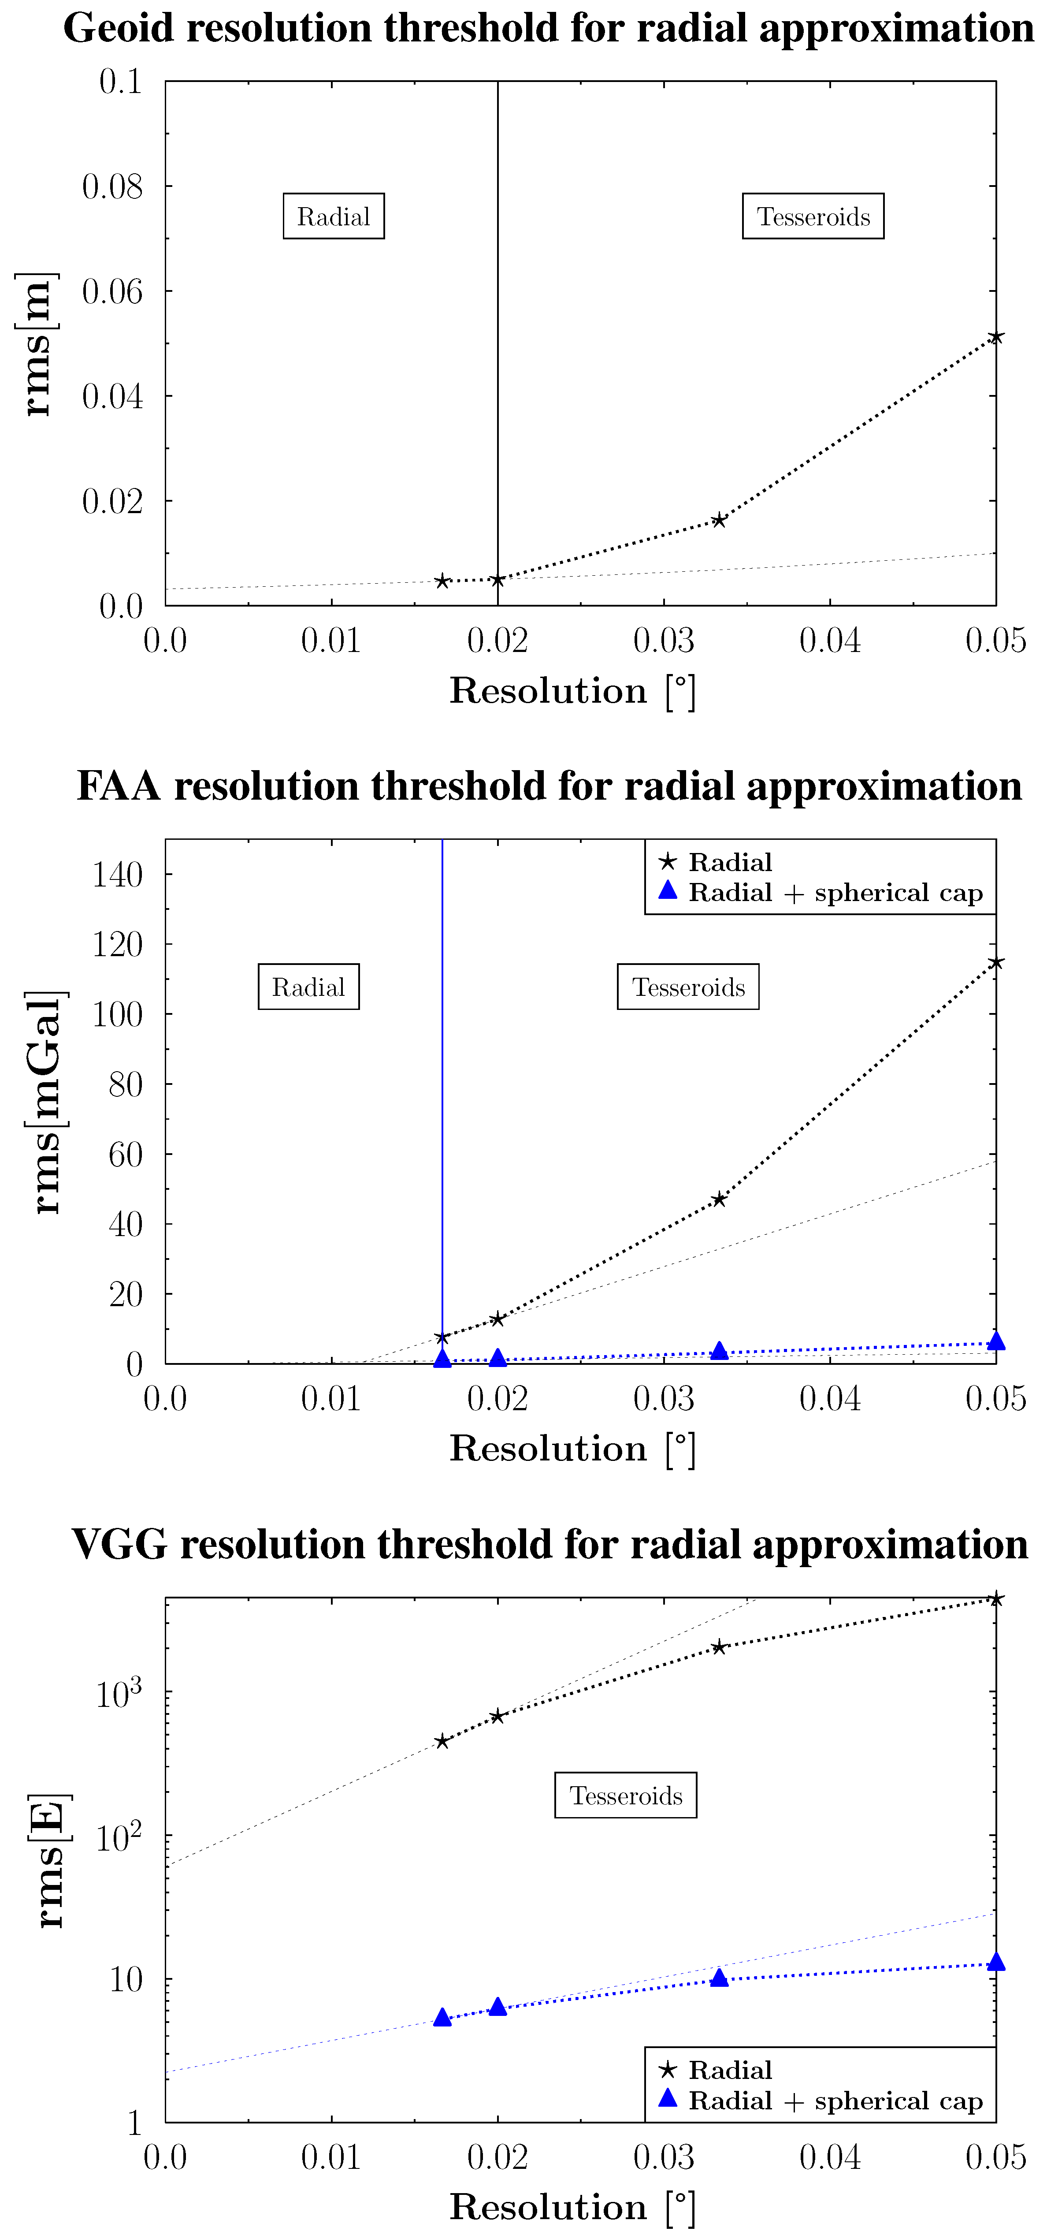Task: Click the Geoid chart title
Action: pyautogui.click(x=548, y=28)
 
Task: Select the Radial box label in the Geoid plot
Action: pyautogui.click(x=333, y=216)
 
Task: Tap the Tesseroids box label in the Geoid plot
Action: pyautogui.click(x=813, y=216)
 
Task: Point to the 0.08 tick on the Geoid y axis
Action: pyautogui.click(x=113, y=186)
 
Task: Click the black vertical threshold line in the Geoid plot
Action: pyautogui.click(x=498, y=347)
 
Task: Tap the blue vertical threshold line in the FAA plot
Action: pyautogui.click(x=442, y=1084)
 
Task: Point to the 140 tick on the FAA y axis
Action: pyautogui.click(x=118, y=875)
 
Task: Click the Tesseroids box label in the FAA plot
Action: pyautogui.click(x=688, y=987)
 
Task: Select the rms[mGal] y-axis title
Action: pyautogui.click(x=45, y=1102)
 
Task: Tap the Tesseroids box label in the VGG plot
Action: pyautogui.click(x=625, y=1795)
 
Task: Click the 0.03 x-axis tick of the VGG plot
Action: pyautogui.click(x=664, y=2157)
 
